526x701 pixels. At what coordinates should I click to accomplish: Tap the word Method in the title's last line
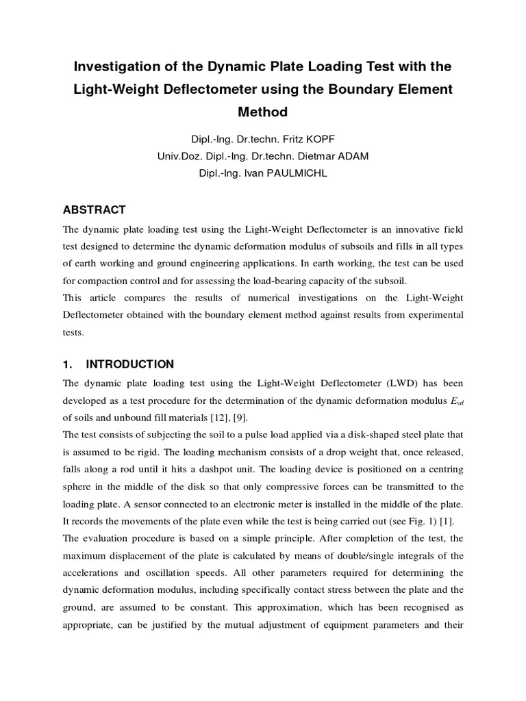263,111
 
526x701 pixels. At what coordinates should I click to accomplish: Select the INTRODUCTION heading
129,364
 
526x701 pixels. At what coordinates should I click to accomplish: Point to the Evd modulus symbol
455,401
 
